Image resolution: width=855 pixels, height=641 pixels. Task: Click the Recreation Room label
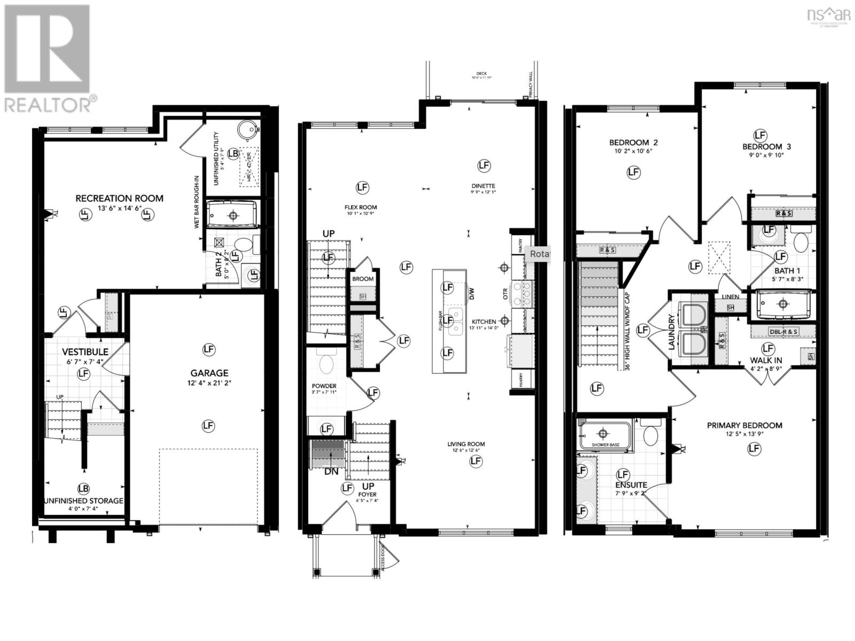coord(119,198)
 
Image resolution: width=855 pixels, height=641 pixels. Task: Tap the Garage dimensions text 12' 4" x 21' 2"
coord(208,383)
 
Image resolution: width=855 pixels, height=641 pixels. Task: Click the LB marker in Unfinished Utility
coord(233,153)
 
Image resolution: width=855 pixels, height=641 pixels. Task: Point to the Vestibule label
coord(85,352)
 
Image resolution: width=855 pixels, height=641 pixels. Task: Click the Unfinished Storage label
coord(83,501)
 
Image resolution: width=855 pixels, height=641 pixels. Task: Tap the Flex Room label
coord(361,207)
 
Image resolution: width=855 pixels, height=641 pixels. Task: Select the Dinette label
coord(483,186)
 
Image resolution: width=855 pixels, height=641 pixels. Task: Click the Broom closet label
coord(363,279)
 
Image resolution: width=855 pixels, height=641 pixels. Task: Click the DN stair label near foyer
coord(331,472)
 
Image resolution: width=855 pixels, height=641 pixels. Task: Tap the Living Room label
coord(466,444)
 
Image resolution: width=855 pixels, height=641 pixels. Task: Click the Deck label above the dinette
coord(482,74)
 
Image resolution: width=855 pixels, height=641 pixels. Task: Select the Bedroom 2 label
coord(633,143)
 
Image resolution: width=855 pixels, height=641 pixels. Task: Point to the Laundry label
coord(672,332)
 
